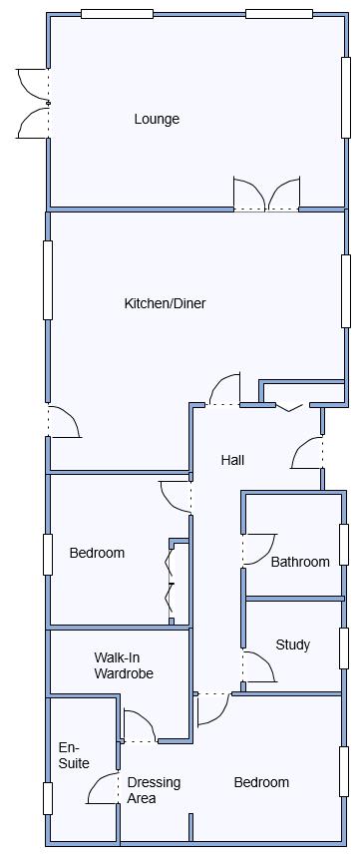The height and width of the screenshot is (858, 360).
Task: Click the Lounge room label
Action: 157,120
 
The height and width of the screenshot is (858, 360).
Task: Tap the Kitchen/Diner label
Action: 166,303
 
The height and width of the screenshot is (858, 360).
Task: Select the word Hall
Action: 232,460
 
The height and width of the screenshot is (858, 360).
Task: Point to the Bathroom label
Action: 300,562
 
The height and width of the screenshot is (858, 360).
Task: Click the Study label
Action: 293,645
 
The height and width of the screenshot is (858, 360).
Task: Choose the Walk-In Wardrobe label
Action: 124,665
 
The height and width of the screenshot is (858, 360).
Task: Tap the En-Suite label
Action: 74,755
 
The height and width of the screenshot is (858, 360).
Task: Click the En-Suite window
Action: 48,798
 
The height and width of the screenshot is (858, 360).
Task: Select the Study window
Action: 344,648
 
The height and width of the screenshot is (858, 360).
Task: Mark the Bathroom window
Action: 344,545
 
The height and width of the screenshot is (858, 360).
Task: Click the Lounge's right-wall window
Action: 346,98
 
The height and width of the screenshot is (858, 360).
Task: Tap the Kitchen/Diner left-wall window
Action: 48,279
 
